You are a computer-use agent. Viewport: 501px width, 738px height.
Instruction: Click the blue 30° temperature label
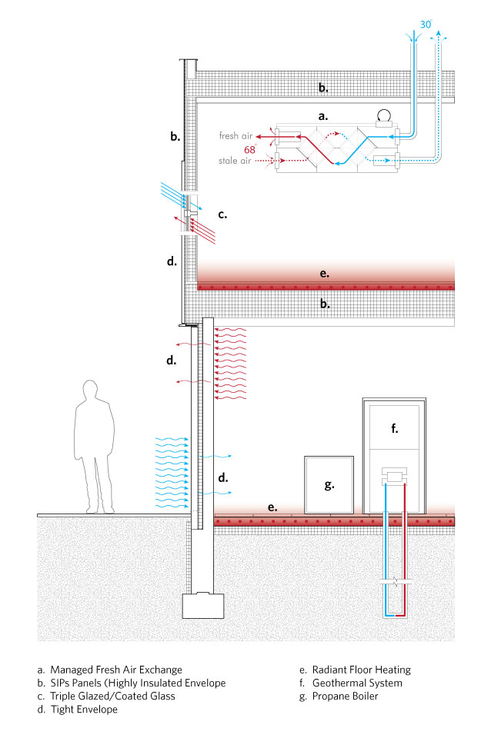(x=426, y=25)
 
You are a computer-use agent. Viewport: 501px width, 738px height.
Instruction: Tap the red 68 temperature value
(x=249, y=149)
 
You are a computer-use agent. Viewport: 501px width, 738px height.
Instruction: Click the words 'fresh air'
(x=235, y=136)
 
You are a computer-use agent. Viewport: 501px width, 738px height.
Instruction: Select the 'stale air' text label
(x=236, y=161)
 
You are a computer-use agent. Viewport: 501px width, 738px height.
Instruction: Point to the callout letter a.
(x=324, y=117)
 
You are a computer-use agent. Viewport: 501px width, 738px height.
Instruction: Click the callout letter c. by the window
(x=222, y=215)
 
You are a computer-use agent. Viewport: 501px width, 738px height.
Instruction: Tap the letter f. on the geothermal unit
(x=394, y=429)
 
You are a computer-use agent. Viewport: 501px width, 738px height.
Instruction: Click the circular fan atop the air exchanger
(x=384, y=116)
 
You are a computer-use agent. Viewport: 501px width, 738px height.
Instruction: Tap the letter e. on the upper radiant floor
(x=324, y=272)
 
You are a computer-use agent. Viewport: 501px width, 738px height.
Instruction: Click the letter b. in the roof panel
(x=324, y=88)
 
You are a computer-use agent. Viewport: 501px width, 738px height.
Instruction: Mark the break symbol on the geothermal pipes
(x=394, y=584)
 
